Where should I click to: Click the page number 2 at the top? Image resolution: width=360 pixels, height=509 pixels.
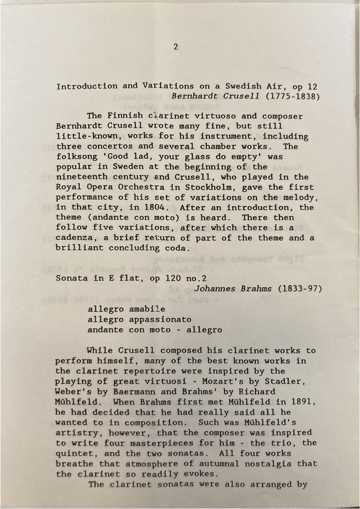(176, 46)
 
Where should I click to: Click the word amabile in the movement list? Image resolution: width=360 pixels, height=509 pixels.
(146, 309)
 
